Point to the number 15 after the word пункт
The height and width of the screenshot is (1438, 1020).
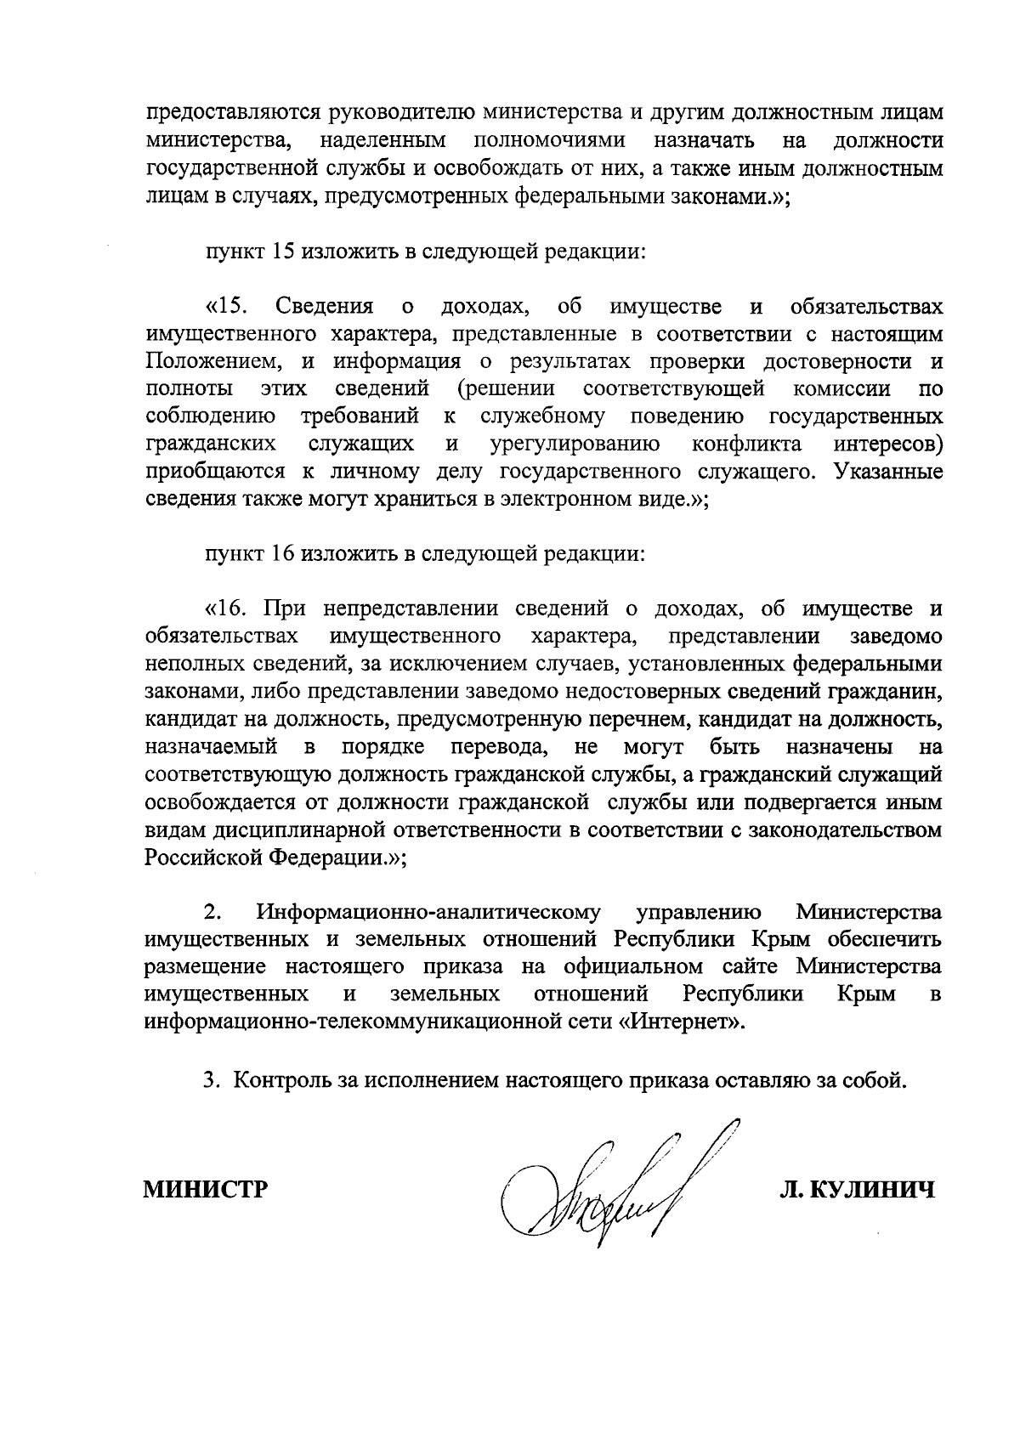point(283,252)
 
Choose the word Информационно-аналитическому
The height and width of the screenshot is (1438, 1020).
point(428,914)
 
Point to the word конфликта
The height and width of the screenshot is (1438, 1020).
point(747,444)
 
